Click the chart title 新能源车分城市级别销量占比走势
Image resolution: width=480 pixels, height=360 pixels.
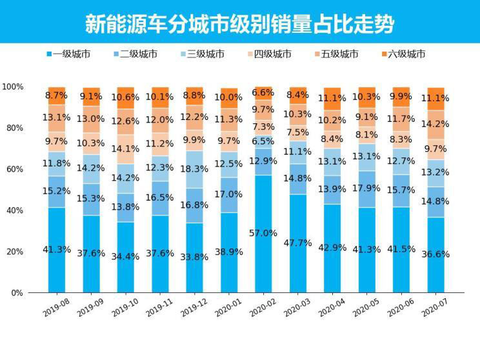[x=239, y=24]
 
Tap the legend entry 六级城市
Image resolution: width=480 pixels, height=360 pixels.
[x=406, y=54]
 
